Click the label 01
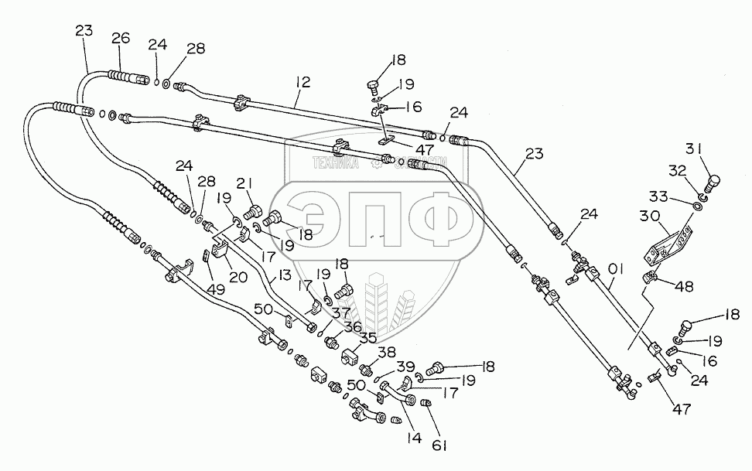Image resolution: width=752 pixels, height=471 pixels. pyautogui.click(x=617, y=270)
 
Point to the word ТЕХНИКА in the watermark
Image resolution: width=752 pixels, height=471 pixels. pyautogui.click(x=334, y=162)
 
